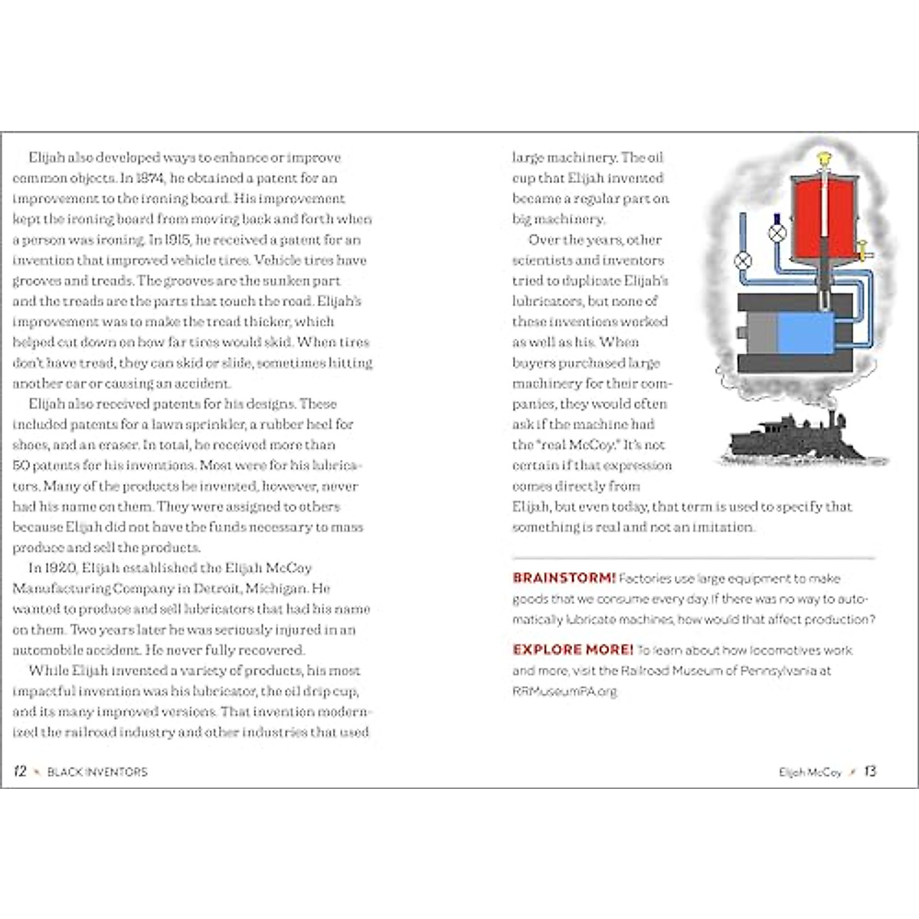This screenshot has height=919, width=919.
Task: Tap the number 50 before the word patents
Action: tap(21, 465)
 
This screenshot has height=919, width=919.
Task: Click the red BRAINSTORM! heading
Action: tap(564, 578)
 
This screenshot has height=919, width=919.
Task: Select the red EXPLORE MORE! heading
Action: tap(573, 649)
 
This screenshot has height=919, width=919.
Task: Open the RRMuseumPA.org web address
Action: tap(564, 691)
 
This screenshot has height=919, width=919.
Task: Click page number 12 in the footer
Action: tap(20, 771)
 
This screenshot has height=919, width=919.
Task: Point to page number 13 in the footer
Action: tap(870, 771)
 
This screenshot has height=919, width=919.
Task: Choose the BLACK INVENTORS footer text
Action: tap(97, 772)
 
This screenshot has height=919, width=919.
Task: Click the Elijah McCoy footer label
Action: tap(809, 772)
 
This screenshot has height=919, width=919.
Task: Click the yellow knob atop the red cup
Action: tap(824, 160)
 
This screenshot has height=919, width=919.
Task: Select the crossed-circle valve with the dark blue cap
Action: tap(777, 232)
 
